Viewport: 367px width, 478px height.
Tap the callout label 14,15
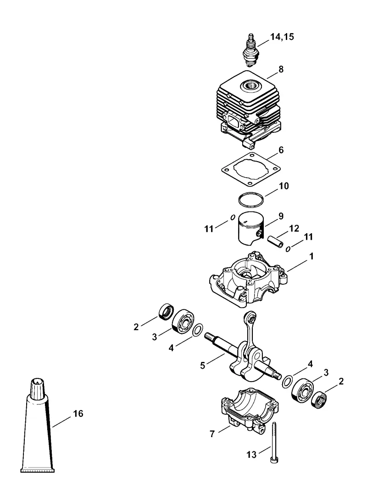coord(282,37)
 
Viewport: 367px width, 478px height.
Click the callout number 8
coord(280,69)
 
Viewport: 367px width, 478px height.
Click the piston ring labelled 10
coord(251,199)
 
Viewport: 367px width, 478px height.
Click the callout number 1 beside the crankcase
coord(311,256)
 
